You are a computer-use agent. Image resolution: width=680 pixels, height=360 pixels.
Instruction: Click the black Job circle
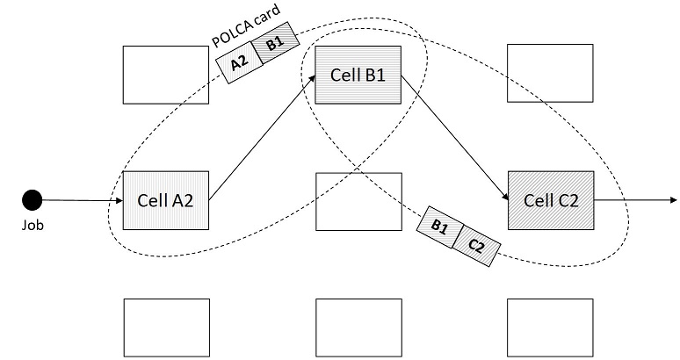(33, 200)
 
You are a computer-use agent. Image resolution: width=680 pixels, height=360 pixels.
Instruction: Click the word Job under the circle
(33, 225)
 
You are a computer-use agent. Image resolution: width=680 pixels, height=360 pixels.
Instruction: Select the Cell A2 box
(165, 200)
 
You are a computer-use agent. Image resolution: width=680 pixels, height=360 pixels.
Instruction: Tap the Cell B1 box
(358, 75)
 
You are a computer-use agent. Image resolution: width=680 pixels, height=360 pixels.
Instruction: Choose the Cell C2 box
(551, 200)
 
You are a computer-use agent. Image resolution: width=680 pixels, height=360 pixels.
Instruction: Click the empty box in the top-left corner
(165, 75)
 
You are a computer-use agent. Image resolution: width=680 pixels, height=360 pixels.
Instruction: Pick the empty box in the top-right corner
(551, 75)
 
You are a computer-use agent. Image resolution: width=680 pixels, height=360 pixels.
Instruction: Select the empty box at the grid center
(358, 201)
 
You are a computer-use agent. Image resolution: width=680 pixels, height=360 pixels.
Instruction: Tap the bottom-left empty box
(165, 328)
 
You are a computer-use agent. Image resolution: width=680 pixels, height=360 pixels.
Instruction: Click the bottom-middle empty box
(358, 328)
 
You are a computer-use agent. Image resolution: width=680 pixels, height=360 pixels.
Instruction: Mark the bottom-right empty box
(551, 328)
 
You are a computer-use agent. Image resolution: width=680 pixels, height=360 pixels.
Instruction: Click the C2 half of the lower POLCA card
(475, 246)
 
